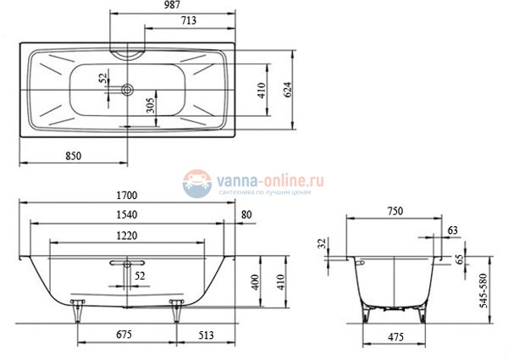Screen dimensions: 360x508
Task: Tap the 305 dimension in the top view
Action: click(x=149, y=105)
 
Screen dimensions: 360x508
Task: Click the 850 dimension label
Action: click(x=74, y=155)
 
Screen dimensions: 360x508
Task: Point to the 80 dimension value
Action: click(x=246, y=215)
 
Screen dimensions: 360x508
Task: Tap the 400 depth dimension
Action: click(x=255, y=281)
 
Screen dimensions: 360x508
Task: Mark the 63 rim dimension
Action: click(x=453, y=230)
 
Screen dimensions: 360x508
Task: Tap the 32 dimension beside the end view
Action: click(x=322, y=245)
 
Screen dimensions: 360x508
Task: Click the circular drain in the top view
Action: click(x=127, y=87)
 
